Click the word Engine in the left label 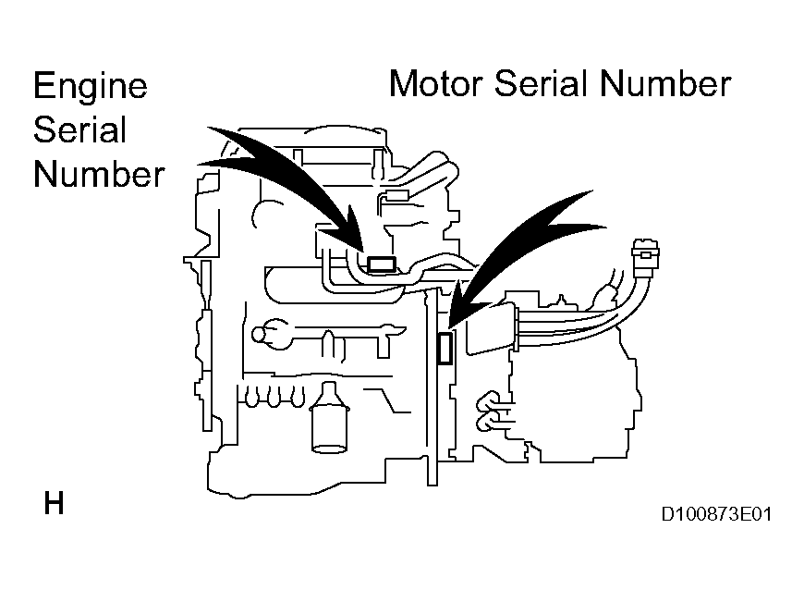click(90, 86)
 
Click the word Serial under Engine click(79, 129)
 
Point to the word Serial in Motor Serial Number click(545, 83)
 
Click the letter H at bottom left click(54, 505)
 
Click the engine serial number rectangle click(383, 265)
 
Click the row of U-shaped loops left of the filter click(273, 396)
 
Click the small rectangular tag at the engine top click(398, 196)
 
